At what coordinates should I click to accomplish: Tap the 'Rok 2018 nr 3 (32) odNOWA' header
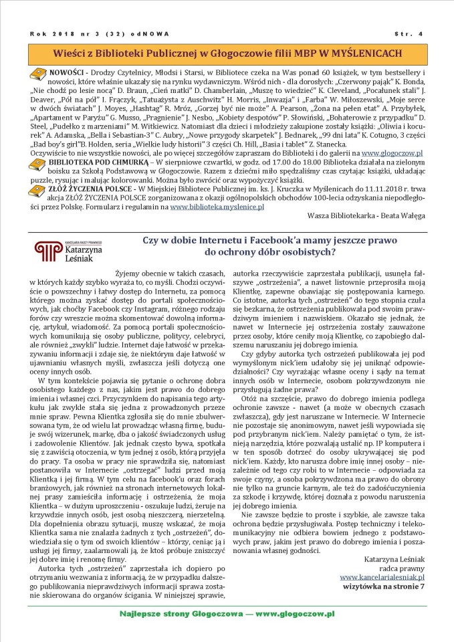[100, 33]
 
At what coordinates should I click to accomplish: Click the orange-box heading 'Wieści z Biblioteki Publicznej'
[227, 51]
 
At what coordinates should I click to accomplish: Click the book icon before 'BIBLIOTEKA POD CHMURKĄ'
[39, 162]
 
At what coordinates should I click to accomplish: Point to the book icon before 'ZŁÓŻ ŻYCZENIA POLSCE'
[39, 189]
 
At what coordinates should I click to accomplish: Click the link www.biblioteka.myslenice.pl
[217, 207]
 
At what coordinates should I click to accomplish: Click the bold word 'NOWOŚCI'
[67, 71]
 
